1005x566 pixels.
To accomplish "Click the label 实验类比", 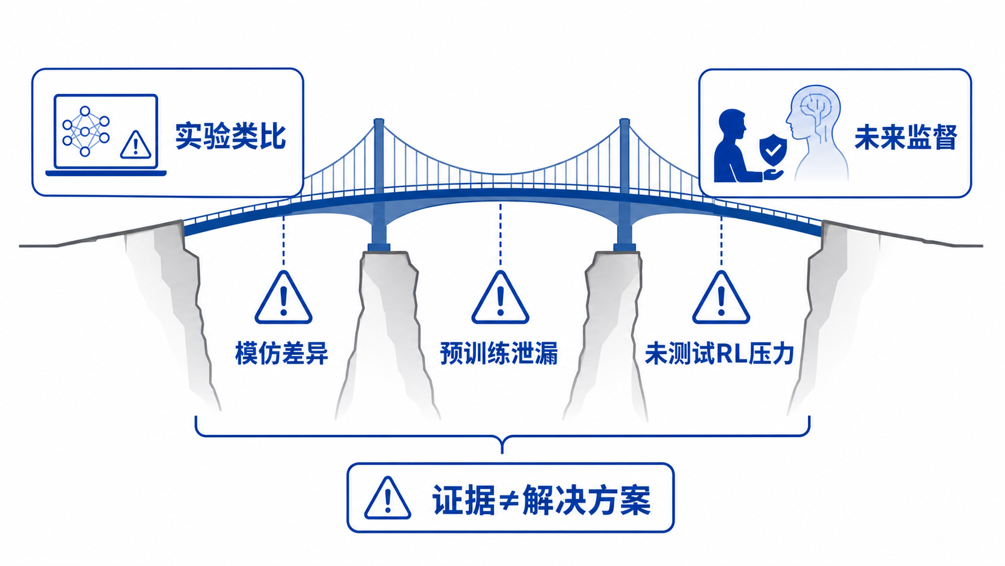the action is [231, 136].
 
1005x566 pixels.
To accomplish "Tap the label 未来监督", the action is [906, 137].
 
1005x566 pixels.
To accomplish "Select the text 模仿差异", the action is [282, 353].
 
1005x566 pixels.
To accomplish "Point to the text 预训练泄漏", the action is [499, 353].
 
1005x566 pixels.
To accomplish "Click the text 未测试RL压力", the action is [719, 353].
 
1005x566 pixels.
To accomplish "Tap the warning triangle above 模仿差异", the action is [284, 298].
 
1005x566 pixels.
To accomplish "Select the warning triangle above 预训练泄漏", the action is [500, 298].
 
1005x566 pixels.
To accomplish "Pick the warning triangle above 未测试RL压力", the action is [721, 298].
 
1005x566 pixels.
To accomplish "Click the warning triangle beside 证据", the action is [388, 498].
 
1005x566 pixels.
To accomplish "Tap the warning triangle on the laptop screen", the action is [135, 145].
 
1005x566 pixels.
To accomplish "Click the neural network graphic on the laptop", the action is [85, 131].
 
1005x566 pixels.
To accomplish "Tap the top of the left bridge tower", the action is [379, 120].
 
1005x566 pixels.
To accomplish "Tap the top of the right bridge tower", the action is [625, 120].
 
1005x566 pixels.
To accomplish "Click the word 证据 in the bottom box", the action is [463, 500].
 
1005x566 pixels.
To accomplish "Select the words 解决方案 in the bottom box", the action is [587, 500].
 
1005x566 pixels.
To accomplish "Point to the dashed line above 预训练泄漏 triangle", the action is [500, 235].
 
